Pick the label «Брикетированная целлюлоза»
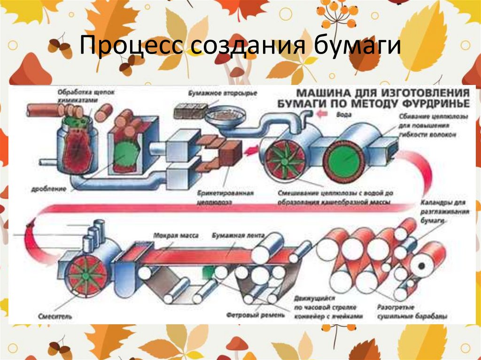tap(226, 197)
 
